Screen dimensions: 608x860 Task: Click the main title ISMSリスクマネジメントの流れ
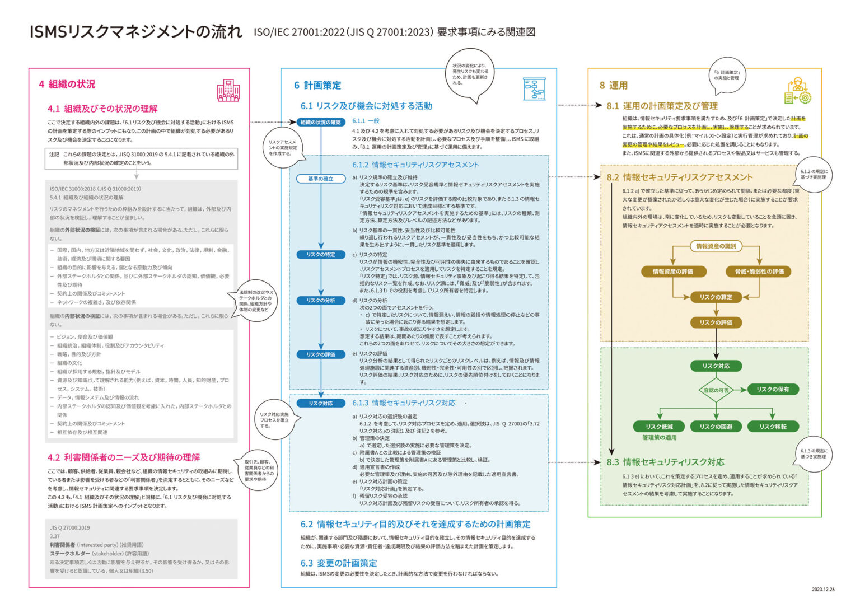point(136,32)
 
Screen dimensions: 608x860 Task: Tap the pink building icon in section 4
point(228,90)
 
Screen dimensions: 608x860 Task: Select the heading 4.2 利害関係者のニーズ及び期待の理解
point(124,457)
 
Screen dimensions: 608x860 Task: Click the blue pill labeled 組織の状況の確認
point(320,122)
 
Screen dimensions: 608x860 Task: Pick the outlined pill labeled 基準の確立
point(320,179)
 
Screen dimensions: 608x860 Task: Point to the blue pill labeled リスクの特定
point(320,255)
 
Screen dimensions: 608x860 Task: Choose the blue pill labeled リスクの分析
point(320,301)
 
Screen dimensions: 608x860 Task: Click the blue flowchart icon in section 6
point(534,89)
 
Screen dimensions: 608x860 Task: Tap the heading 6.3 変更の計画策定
point(339,563)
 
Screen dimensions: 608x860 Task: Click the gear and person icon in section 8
point(798,91)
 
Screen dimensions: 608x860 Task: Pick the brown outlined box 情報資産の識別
point(716,246)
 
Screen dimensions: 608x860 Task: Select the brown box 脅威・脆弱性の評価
point(759,272)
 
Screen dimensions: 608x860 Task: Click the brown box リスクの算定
point(716,297)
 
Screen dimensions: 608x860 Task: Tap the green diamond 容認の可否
point(716,390)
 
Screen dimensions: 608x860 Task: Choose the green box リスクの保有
point(773,390)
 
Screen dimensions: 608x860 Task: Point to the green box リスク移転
point(773,427)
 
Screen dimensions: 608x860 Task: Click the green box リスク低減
point(660,427)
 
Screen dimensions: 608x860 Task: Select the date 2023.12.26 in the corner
point(822,589)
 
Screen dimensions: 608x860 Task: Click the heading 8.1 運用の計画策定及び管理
point(662,106)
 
